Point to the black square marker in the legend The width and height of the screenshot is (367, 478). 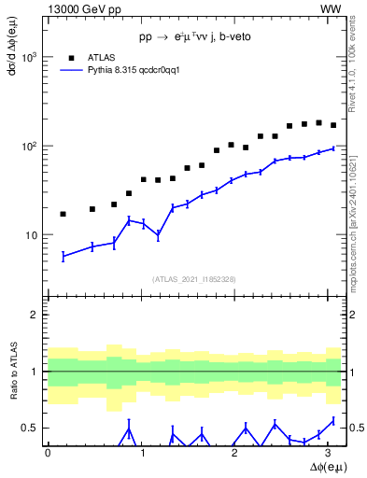point(69,57)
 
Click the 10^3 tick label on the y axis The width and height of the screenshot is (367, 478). point(29,58)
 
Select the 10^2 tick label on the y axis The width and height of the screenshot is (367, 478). point(29,147)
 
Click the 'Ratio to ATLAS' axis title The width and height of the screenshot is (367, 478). point(13,371)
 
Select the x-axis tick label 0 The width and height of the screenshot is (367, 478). point(48,454)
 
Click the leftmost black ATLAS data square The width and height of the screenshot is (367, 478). point(63,214)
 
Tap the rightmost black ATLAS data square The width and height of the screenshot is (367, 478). point(333,125)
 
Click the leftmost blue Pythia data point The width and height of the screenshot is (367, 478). point(63,256)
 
